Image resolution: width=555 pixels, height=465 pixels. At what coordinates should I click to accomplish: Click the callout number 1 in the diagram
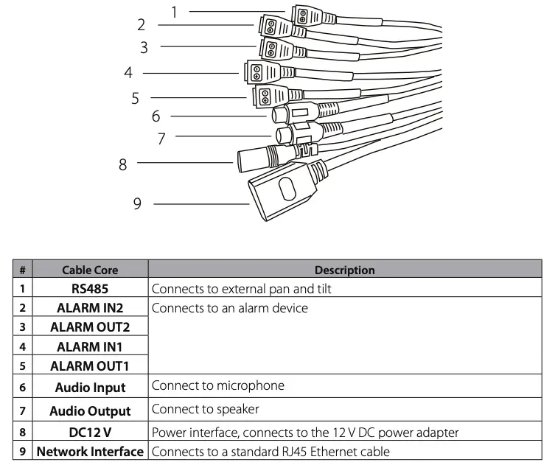tap(175, 11)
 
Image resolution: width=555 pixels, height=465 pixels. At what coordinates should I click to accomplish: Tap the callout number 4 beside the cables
tap(128, 73)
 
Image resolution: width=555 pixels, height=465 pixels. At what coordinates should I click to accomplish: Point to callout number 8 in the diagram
tap(123, 163)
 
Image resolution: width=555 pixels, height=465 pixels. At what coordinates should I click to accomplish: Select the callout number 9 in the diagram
tap(137, 203)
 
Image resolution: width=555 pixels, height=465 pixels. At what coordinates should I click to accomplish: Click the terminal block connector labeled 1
tap(304, 14)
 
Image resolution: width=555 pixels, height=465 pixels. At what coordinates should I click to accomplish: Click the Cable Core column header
tap(90, 270)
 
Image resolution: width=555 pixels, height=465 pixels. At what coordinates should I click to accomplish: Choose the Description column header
tap(344, 270)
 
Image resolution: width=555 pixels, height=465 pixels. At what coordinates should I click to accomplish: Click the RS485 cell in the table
tap(90, 289)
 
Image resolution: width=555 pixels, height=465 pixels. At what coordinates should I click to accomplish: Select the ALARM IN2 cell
tap(90, 308)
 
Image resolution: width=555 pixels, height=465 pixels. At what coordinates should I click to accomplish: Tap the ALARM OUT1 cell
tap(90, 366)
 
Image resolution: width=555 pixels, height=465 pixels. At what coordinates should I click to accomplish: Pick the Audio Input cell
tap(90, 387)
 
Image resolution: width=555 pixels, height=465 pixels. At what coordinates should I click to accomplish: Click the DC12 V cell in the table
tap(90, 433)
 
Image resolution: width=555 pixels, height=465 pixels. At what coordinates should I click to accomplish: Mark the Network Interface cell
tap(90, 451)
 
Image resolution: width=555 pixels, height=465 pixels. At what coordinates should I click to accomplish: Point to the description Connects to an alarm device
tap(229, 308)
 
